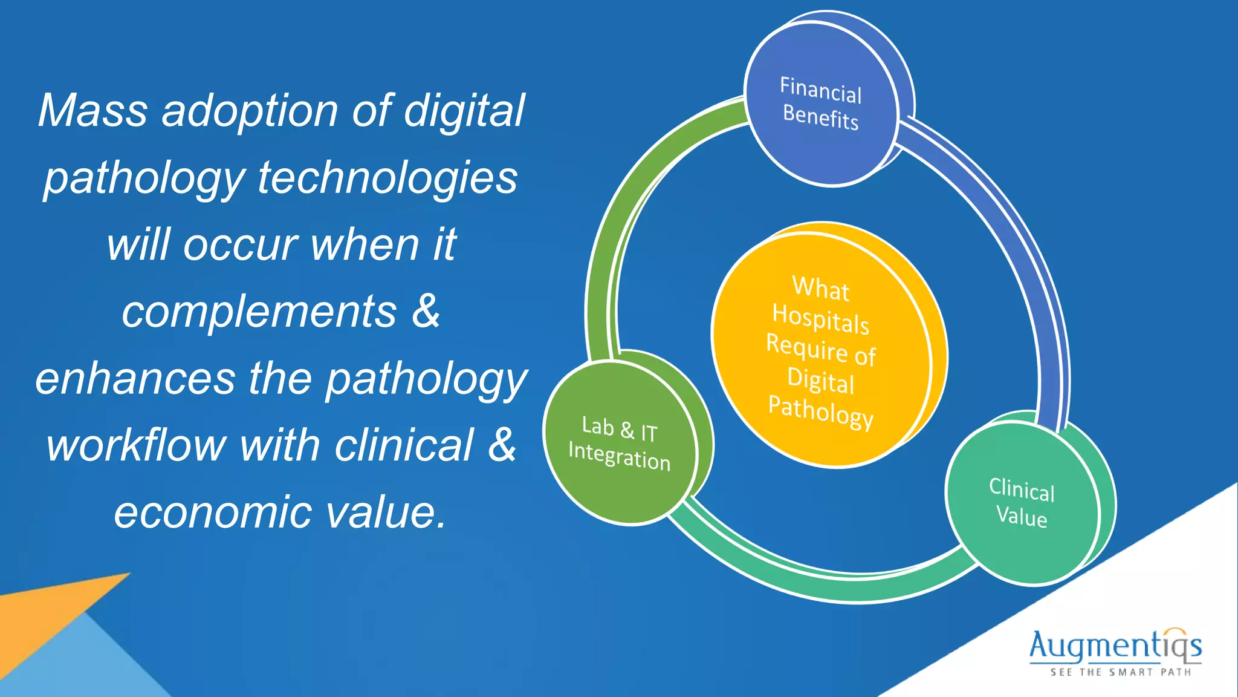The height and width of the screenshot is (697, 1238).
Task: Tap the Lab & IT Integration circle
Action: [x=620, y=443]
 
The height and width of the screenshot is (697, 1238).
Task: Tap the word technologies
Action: [x=387, y=178]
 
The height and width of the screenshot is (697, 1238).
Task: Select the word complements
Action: [x=259, y=312]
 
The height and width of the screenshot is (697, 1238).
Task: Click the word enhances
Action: [x=135, y=379]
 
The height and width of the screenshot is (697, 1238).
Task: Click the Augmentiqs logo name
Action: [x=1115, y=646]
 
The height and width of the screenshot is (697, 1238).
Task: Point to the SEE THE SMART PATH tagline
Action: [x=1120, y=672]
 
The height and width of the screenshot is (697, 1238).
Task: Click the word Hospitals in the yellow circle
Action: [x=821, y=318]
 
